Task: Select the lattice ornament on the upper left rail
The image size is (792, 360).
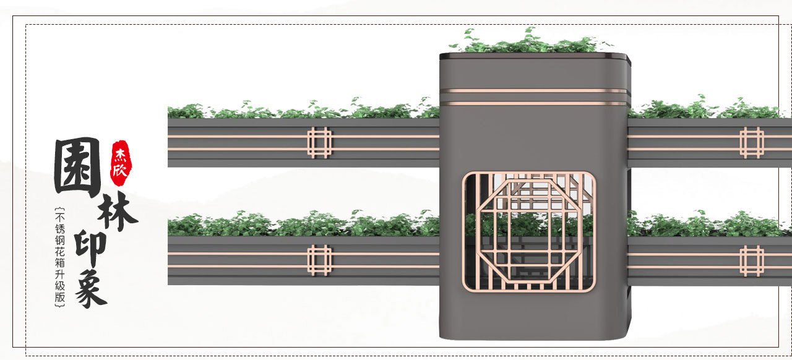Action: (320, 142)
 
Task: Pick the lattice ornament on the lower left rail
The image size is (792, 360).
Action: (320, 260)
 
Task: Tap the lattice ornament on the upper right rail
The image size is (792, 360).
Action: (752, 142)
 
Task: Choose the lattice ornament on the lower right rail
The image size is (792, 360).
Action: (752, 260)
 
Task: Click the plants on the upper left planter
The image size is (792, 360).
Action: (303, 110)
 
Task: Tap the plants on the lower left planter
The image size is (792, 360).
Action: (303, 224)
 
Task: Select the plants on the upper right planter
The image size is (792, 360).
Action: (705, 109)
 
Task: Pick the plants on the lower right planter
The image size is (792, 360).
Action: (705, 224)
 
